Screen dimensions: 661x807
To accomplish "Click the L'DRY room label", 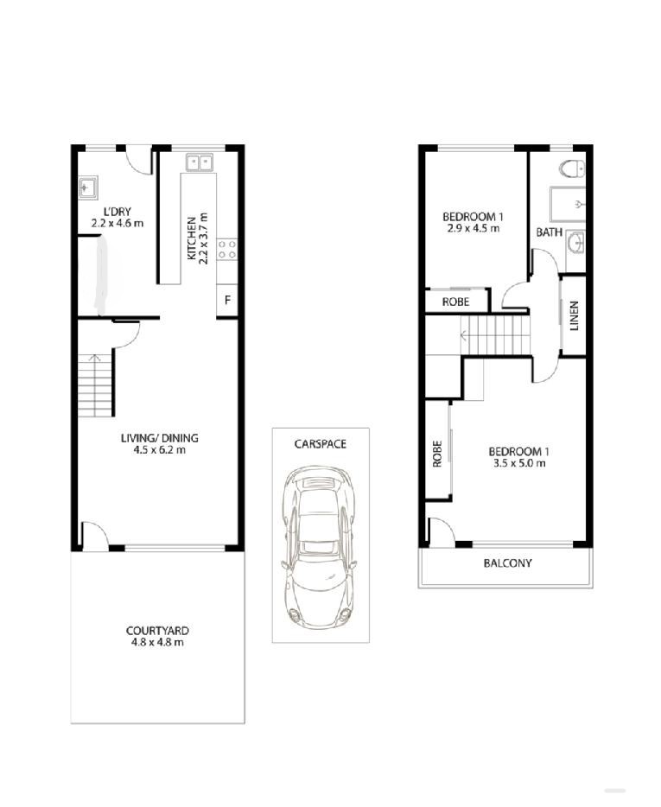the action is (x=118, y=212).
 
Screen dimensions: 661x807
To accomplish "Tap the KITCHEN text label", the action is (x=191, y=238).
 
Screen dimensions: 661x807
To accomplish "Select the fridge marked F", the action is (x=227, y=300).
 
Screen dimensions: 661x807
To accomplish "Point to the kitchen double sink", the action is (x=200, y=162).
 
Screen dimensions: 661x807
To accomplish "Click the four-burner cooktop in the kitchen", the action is (x=227, y=250).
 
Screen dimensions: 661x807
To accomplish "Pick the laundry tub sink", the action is (x=88, y=187).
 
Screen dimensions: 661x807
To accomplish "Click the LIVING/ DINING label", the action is (x=160, y=438).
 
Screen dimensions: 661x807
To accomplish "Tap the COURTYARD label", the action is (x=157, y=631).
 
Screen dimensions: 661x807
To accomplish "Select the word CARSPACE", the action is (x=321, y=443).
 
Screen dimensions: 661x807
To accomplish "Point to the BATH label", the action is (x=550, y=232).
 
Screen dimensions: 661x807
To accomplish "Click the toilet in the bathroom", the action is (x=573, y=168).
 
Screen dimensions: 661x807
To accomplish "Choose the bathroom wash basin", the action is (x=576, y=242).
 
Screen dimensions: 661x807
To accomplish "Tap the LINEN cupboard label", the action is (x=575, y=315).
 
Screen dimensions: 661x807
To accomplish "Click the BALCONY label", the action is (x=507, y=563).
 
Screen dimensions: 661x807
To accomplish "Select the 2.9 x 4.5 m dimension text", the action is (x=474, y=228).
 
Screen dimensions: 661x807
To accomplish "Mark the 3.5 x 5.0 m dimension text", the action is (x=519, y=463).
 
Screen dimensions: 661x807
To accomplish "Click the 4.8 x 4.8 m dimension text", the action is (x=157, y=642).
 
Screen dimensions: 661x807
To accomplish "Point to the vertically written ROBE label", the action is (x=437, y=454).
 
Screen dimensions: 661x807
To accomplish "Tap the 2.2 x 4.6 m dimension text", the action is (x=118, y=224).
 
